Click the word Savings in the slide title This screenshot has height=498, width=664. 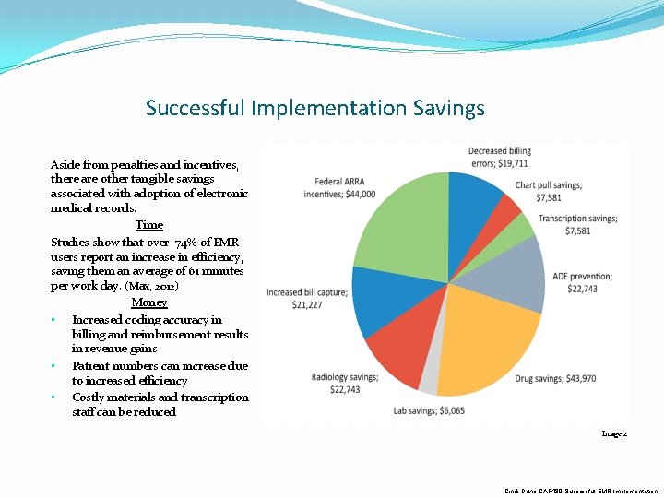449,108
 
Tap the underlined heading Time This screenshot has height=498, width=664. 148,225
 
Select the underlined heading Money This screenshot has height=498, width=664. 148,302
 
